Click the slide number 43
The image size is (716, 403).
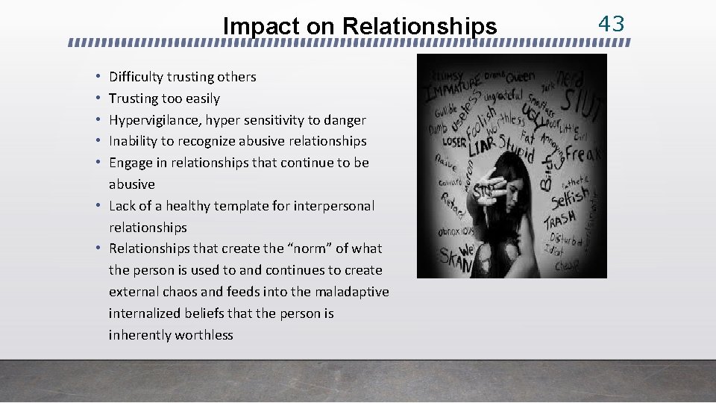click(611, 23)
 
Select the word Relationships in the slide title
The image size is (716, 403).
click(419, 26)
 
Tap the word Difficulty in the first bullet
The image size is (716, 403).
click(136, 77)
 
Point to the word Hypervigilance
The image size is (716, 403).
click(157, 120)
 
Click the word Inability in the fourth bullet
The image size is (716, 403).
click(133, 141)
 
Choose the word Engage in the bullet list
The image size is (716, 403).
click(130, 163)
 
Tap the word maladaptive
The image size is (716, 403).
click(351, 292)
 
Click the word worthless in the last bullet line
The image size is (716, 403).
click(203, 335)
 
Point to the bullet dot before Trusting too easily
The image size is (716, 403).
click(98, 99)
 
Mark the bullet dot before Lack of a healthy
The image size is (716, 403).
click(98, 206)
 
